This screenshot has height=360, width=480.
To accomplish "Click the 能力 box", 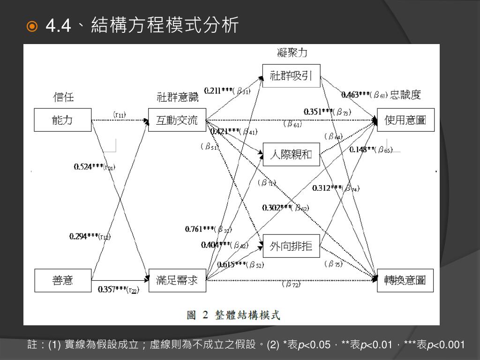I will (62, 120).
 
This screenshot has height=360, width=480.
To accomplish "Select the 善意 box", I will (62, 280).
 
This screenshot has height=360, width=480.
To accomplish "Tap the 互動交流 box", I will (177, 120).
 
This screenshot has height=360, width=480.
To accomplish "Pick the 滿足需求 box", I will (177, 280).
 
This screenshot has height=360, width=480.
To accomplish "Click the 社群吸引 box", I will (291, 75).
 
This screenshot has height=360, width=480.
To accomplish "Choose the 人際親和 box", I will (291, 154).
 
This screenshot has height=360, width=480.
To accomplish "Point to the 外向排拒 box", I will (291, 245).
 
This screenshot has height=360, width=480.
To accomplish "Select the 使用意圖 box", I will (405, 120).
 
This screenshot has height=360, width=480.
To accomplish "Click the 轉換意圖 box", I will (405, 280).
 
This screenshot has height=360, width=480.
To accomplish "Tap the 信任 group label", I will (63, 97).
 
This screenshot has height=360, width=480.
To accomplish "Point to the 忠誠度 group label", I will (405, 95).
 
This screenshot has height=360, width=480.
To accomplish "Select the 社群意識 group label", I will (177, 97).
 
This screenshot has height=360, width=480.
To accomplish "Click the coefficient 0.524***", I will (89, 166).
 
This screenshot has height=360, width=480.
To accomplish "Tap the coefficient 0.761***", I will (200, 229).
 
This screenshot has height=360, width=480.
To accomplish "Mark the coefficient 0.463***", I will (356, 95).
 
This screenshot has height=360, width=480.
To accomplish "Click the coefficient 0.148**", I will (362, 150).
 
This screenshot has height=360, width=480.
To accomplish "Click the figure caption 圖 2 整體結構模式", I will (233, 315).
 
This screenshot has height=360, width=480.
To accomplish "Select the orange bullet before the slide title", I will (32, 26).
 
